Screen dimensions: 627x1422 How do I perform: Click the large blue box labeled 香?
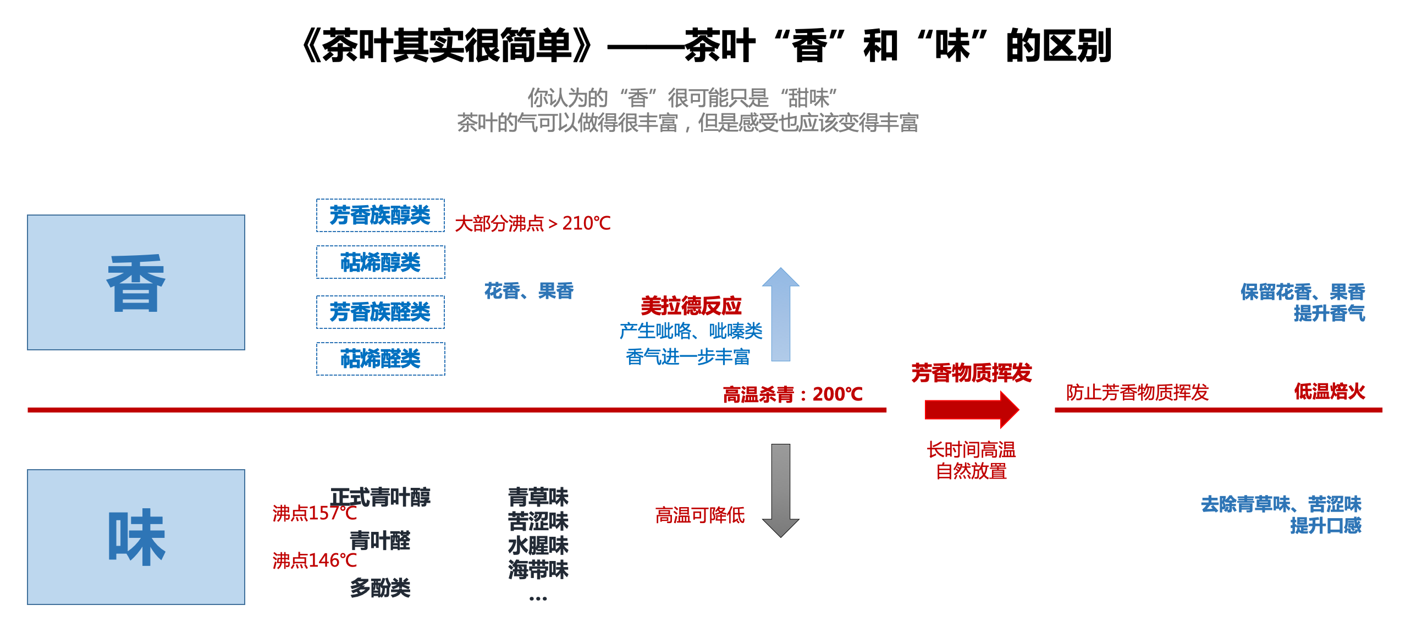coord(136,282)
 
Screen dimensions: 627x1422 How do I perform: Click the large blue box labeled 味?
coord(136,536)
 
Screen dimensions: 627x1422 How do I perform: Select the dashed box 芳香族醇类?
coord(381,215)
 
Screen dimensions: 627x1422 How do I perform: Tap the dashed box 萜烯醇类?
coord(381,262)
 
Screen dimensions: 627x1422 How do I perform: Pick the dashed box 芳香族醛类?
coord(381,312)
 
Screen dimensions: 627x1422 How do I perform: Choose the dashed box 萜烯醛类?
coord(381,359)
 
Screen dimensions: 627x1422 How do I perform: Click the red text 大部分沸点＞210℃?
coord(533,223)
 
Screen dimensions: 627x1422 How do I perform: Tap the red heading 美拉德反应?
coord(691,305)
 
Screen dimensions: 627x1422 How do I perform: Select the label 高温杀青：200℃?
coord(792,394)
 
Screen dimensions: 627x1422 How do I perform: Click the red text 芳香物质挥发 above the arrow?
coord(971,373)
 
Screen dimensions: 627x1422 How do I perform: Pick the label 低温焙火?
coord(1329,391)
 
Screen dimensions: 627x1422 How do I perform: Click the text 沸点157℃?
coord(314,513)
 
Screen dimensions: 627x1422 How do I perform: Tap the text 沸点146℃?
coord(314,561)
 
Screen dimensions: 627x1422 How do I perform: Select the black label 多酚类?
coord(381,588)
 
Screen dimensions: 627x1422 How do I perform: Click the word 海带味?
coord(538,570)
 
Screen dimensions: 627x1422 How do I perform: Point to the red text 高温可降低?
coord(699,515)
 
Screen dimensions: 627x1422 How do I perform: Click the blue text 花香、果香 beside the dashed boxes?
coord(529,291)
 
